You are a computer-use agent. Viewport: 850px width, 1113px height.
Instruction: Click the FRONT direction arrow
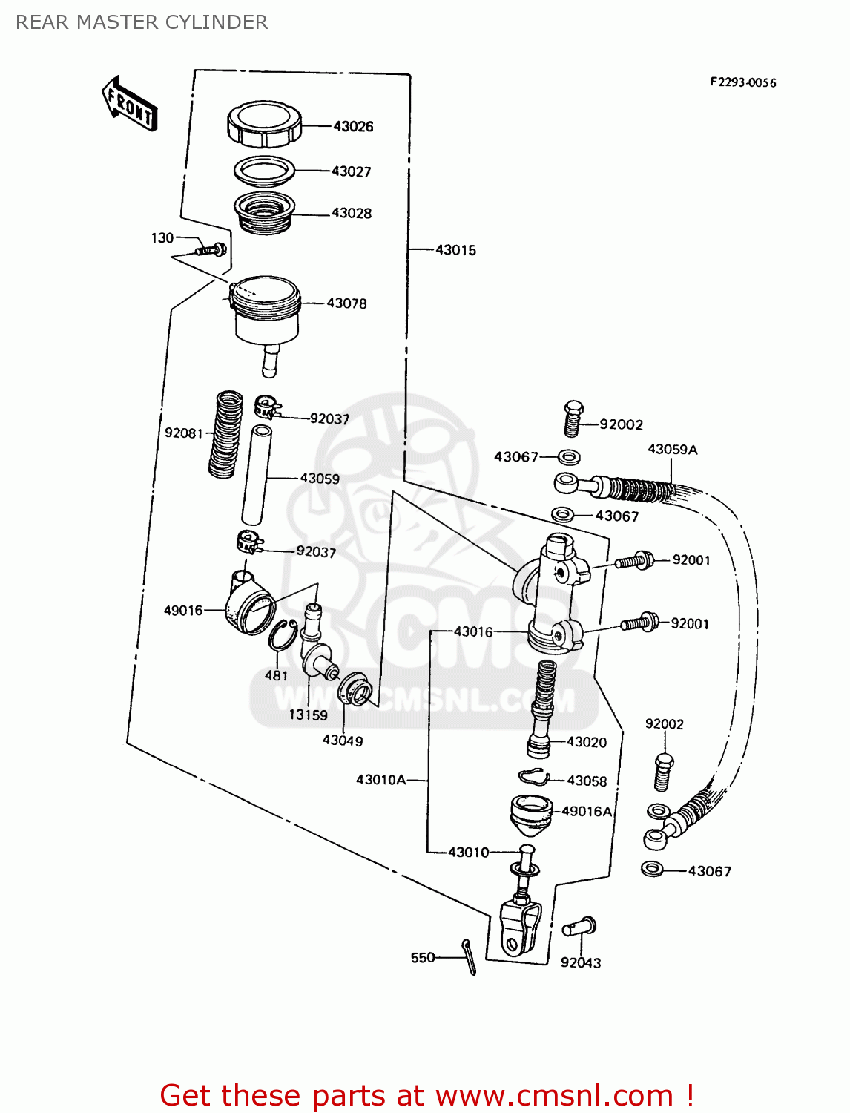coord(129,104)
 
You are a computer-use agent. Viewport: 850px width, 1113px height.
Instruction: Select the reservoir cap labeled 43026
coord(264,124)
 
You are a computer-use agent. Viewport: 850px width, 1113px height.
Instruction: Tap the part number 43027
coord(351,171)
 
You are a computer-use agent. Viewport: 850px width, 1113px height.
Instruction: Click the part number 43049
coord(342,741)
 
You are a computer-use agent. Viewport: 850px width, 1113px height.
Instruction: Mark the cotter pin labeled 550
coord(469,956)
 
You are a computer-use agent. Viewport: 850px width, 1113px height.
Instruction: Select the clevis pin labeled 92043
coord(579,927)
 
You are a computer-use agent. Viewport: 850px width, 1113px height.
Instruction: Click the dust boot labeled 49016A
coord(531,813)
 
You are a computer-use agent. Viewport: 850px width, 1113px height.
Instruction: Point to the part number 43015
coord(455,250)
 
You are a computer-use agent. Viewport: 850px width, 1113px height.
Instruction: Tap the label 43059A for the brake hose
coord(672,450)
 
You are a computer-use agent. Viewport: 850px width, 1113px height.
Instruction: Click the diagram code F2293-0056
coord(742,82)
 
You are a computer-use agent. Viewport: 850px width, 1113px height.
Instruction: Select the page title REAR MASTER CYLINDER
coord(142,22)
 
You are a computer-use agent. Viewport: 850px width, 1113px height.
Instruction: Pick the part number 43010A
coord(380,780)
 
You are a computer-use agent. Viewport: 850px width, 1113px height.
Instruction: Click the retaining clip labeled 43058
coord(533,777)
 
